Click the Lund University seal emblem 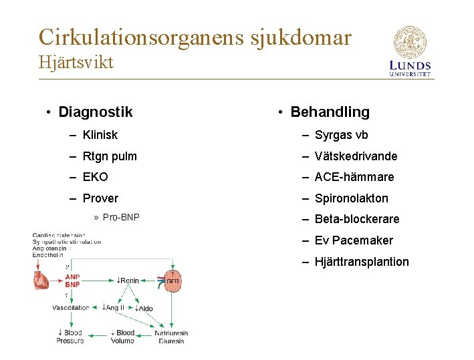click(410, 42)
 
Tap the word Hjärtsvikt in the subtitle click(76, 63)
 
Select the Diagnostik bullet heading click(95, 112)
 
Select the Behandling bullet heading click(330, 112)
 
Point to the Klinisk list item click(100, 135)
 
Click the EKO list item click(95, 177)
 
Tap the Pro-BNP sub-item click(121, 218)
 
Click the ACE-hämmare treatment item click(354, 177)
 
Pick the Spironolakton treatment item click(351, 198)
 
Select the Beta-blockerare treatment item click(356, 219)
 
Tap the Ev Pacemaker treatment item click(354, 240)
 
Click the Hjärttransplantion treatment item click(362, 262)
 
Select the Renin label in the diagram click(128, 281)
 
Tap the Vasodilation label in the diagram click(71, 308)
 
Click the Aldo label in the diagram click(144, 308)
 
